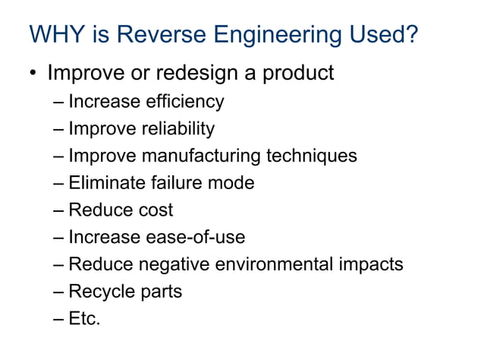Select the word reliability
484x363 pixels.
point(178,128)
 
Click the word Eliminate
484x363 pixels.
point(105,183)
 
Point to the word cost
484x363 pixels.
point(154,210)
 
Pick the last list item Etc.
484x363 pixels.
point(84,319)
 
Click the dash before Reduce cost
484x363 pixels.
point(58,210)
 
